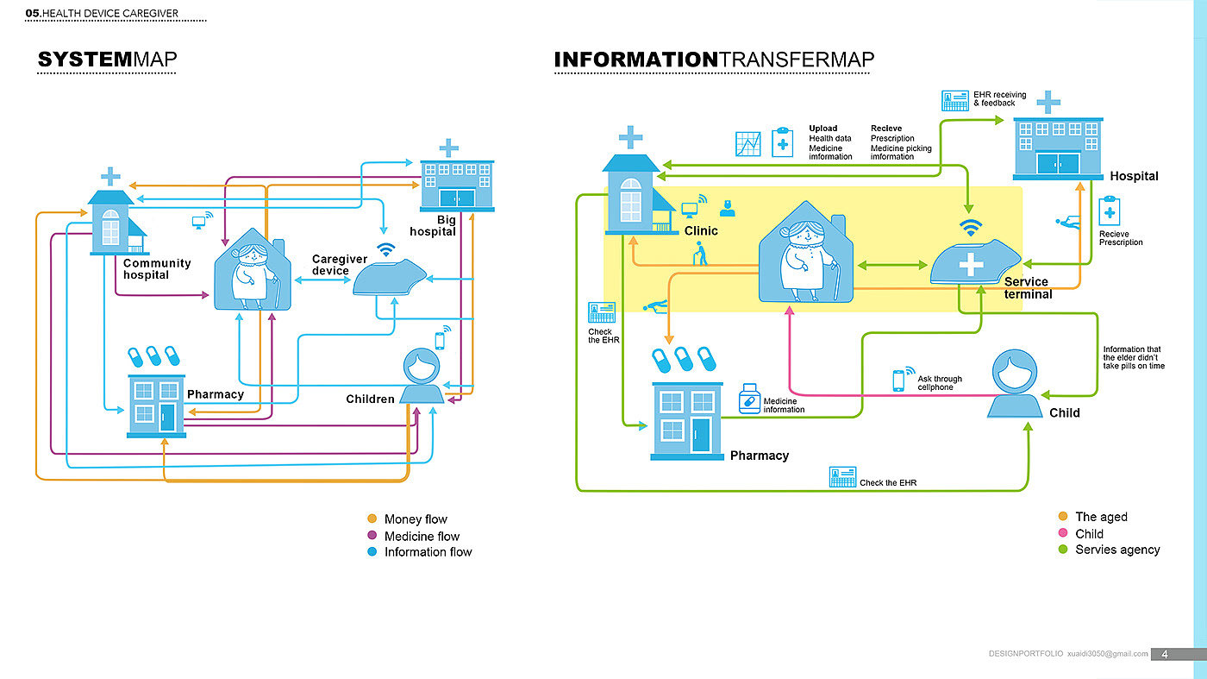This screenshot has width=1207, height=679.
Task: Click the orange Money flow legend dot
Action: click(372, 519)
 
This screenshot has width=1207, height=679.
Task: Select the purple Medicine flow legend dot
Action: click(372, 536)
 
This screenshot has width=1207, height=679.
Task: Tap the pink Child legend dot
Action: click(1063, 533)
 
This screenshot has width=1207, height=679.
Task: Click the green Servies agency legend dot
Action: click(1063, 550)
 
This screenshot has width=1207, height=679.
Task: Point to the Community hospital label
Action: click(156, 269)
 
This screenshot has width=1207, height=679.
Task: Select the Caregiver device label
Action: click(339, 265)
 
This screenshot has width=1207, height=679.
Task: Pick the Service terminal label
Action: click(1027, 288)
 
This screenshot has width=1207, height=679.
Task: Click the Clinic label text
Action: click(701, 231)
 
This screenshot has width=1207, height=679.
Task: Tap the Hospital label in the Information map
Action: click(1134, 176)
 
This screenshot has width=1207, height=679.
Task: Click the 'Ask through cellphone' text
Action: click(940, 383)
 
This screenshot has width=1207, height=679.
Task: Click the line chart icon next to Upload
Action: click(747, 143)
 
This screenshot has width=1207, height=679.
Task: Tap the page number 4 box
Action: click(1165, 654)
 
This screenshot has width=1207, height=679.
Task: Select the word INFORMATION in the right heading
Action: click(635, 60)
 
